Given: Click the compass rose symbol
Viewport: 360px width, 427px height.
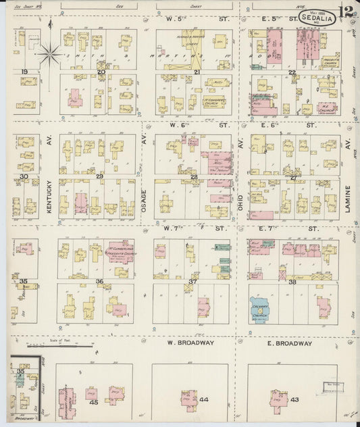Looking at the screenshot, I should (49, 53).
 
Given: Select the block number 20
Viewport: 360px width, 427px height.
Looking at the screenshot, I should (101, 71).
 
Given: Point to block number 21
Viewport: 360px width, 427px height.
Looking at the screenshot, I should (197, 71).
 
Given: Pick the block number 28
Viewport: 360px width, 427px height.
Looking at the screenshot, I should (194, 177).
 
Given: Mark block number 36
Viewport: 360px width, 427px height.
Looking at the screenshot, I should (99, 281).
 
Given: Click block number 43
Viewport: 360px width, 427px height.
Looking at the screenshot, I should (294, 400).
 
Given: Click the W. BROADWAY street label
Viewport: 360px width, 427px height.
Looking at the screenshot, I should (191, 343).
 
